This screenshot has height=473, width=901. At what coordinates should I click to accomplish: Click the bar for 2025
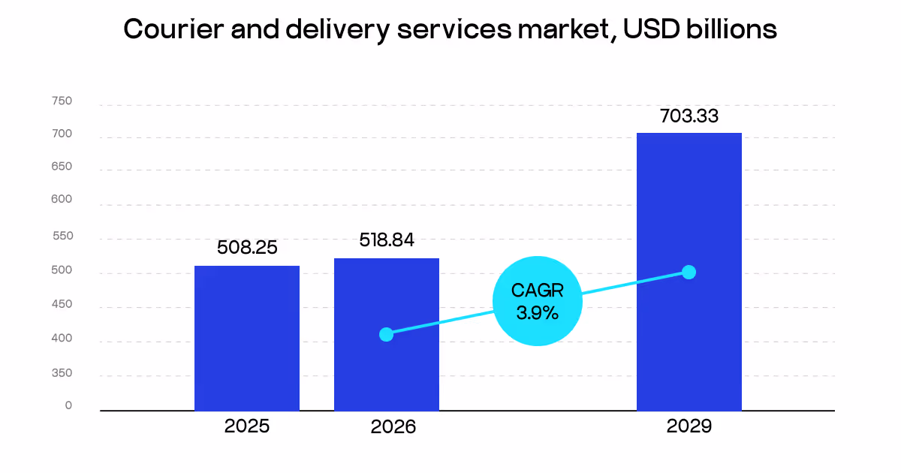click(x=246, y=338)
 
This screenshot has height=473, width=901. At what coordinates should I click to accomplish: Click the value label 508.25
click(x=247, y=247)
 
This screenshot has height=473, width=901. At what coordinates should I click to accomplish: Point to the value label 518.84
click(x=386, y=240)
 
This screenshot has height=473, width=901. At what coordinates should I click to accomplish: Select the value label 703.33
click(x=689, y=116)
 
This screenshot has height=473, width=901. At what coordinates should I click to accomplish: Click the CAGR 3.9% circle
click(x=537, y=301)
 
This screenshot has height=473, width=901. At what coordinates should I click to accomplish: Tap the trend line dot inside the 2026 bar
click(x=386, y=334)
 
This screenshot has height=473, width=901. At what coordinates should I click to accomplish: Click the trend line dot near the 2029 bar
click(x=689, y=272)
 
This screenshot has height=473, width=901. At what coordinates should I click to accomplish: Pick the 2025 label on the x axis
click(x=246, y=426)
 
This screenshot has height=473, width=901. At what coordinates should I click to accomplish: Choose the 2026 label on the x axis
click(x=393, y=427)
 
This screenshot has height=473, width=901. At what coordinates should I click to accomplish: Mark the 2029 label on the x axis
click(x=689, y=426)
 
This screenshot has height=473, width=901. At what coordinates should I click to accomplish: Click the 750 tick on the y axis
click(x=62, y=101)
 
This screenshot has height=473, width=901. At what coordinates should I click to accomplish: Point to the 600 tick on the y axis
click(x=62, y=200)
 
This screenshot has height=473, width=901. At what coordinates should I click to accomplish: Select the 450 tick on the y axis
click(x=62, y=304)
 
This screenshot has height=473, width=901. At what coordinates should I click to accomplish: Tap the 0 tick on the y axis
click(x=68, y=405)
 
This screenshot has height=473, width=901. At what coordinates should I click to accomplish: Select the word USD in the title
click(x=650, y=29)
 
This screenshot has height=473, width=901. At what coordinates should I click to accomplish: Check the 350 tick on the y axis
click(x=62, y=373)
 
